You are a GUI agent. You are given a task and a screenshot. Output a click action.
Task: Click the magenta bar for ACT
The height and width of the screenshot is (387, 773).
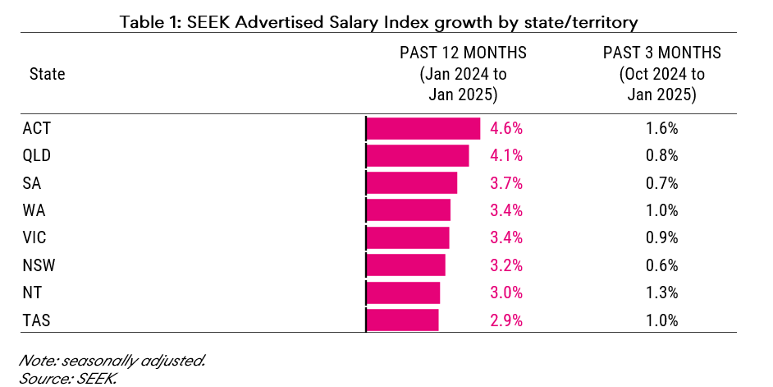[423, 129]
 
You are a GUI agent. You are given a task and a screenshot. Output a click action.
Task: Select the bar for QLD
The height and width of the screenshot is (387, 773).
[418, 156]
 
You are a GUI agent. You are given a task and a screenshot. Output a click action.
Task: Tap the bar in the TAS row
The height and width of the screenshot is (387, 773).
[402, 320]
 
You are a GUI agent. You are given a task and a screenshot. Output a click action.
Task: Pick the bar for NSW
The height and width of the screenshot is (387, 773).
[405, 265]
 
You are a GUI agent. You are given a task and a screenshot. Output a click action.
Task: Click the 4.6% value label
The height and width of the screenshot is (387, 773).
[506, 129]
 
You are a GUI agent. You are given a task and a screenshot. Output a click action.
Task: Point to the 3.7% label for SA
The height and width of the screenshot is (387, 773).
[506, 183]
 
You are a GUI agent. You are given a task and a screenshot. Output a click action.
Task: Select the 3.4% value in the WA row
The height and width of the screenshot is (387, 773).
[506, 210]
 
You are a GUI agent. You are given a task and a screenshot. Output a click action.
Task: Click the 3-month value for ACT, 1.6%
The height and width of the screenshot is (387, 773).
[661, 129]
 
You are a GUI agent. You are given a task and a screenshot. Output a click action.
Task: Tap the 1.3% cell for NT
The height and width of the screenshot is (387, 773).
[661, 293]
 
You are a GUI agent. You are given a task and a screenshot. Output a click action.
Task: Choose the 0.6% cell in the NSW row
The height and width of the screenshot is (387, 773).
[661, 265]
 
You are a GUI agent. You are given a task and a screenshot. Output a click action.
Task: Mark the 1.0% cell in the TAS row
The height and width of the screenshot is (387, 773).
[661, 320]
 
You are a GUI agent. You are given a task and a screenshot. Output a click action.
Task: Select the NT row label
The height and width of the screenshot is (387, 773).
[32, 293]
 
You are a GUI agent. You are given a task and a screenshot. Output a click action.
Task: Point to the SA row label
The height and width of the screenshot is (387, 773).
[32, 183]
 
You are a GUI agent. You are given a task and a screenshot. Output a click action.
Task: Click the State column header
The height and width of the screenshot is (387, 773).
[47, 74]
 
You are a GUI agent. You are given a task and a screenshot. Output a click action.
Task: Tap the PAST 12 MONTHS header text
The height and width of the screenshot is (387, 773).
[463, 53]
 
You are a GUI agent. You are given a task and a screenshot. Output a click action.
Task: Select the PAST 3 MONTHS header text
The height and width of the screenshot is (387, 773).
[661, 53]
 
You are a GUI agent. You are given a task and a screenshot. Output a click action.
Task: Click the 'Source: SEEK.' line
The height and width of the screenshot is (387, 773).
[67, 377]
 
